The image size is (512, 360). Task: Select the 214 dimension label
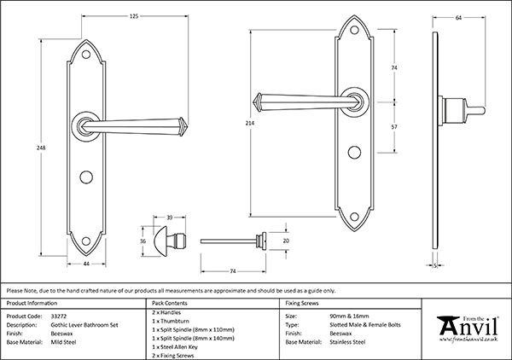pyautogui.click(x=248, y=124)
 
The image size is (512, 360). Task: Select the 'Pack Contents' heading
pyautogui.click(x=169, y=303)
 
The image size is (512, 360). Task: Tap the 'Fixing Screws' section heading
pyautogui.click(x=304, y=303)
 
